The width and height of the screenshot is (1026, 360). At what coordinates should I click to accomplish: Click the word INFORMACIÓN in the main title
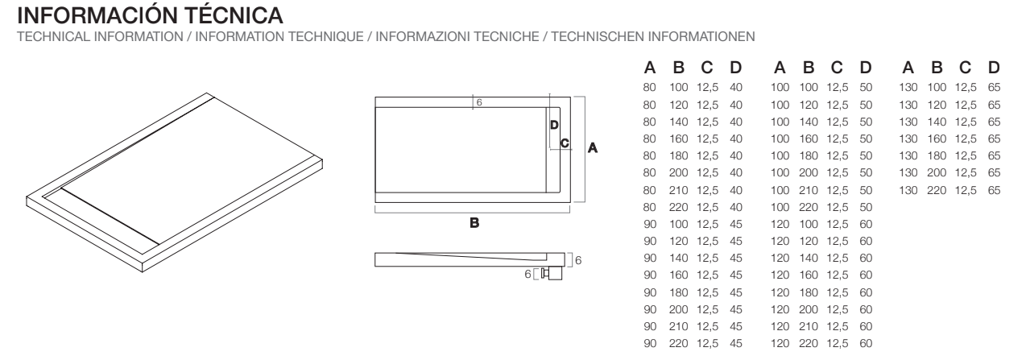98,15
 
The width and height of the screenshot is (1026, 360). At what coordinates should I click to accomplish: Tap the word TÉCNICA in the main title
234,15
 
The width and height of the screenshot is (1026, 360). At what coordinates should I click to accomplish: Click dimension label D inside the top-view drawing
554,125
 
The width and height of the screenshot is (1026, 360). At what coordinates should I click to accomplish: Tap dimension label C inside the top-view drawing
565,143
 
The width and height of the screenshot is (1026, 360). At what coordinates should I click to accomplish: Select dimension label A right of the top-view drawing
592,148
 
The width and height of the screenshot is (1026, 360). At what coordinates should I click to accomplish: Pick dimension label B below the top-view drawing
474,223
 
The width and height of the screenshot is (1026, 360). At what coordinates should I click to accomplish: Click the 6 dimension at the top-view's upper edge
479,102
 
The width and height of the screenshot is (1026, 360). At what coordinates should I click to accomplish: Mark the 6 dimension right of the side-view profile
578,260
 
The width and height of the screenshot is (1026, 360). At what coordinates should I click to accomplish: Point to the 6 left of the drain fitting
527,274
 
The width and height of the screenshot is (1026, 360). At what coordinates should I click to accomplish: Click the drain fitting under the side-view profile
552,274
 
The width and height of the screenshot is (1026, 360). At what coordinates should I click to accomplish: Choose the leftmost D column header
735,68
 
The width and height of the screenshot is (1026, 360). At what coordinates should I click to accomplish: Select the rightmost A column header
908,68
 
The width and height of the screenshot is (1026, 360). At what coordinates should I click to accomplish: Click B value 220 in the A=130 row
937,190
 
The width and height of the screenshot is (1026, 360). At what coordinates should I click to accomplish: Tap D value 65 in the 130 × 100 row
994,87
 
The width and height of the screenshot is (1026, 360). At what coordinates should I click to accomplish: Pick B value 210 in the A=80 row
678,190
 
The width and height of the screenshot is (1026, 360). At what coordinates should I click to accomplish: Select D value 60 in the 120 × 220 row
866,343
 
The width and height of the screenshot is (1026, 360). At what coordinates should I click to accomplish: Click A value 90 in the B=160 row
650,275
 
